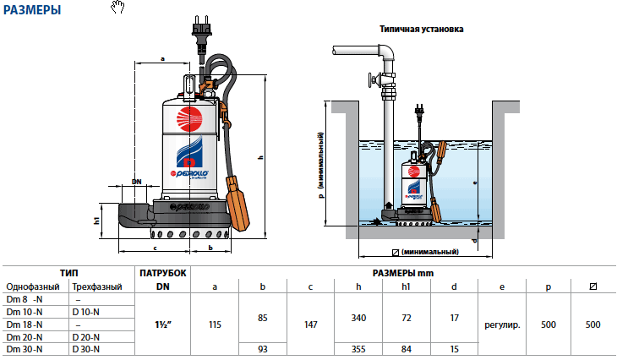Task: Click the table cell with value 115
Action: click(x=215, y=323)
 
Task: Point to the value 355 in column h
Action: click(x=358, y=348)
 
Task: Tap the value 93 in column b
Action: click(x=262, y=348)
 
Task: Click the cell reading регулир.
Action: click(x=502, y=324)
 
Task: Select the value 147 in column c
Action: click(x=310, y=323)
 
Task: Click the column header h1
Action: click(x=407, y=287)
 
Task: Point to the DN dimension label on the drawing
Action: click(x=136, y=181)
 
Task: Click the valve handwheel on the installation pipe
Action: click(x=370, y=82)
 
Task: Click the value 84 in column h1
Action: click(x=407, y=348)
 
